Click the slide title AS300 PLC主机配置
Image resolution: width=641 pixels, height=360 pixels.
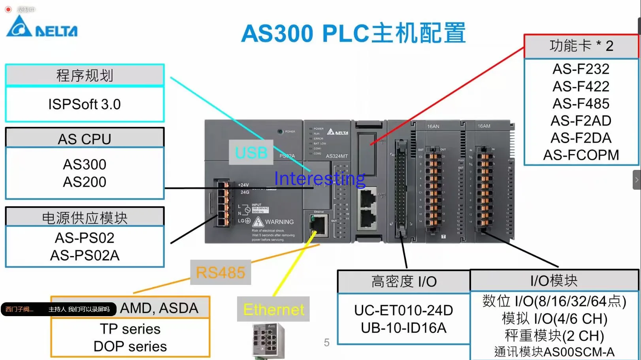353,33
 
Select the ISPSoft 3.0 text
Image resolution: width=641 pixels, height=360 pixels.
84,104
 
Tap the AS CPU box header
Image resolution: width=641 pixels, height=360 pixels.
84,139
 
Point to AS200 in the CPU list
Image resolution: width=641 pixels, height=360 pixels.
85,182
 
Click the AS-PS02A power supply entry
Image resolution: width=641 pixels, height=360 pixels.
85,255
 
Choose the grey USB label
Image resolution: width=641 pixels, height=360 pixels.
251,153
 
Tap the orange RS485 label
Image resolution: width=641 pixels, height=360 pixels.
221,272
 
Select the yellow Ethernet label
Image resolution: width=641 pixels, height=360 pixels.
273,309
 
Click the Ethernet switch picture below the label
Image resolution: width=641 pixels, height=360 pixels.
268,340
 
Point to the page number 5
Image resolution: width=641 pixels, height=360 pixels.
326,342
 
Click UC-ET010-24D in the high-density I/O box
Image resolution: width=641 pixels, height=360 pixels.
403,310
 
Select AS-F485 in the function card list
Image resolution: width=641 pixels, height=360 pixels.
581,104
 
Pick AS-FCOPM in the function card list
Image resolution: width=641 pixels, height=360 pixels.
581,155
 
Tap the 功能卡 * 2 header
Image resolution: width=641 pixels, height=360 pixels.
581,46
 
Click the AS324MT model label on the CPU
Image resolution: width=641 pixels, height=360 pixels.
336,156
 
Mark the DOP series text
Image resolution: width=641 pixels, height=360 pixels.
130,346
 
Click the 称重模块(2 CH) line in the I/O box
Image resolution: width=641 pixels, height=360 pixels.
554,335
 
